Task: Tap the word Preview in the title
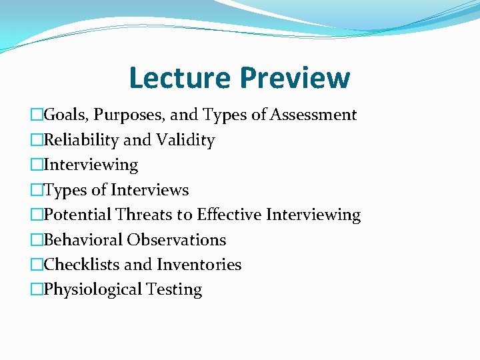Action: (x=295, y=77)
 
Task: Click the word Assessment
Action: (x=313, y=115)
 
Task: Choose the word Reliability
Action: (x=81, y=140)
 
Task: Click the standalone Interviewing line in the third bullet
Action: (x=91, y=165)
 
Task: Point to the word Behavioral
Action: (x=83, y=240)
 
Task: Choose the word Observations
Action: (x=177, y=240)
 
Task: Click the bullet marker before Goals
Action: (x=36, y=115)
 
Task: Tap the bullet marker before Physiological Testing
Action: (x=36, y=289)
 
